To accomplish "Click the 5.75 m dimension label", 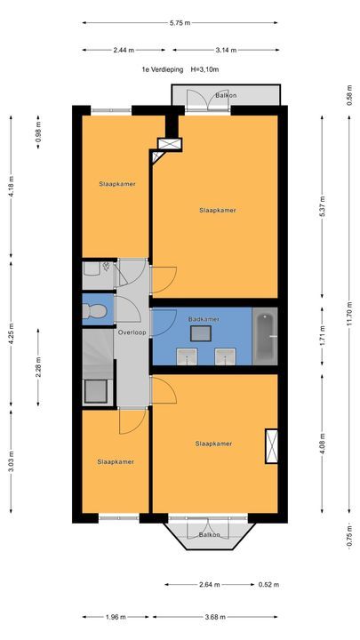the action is [180, 23].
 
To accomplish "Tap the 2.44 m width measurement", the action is [124, 50].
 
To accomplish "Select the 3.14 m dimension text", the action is [226, 50].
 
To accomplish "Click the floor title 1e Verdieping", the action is [162, 69].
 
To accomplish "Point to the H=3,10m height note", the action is [205, 69].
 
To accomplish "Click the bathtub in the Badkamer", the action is [265, 336].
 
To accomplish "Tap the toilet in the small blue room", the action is [94, 312].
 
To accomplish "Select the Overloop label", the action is [132, 332].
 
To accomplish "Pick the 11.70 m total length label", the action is [349, 314].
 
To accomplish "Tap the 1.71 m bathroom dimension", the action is [323, 335].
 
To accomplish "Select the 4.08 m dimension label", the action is [323, 444].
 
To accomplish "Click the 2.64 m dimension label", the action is [210, 585].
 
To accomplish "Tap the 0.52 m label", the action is [269, 585].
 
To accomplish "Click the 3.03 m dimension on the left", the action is [11, 461].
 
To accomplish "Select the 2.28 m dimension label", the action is [38, 367].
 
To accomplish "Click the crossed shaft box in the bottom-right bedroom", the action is [271, 446].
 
